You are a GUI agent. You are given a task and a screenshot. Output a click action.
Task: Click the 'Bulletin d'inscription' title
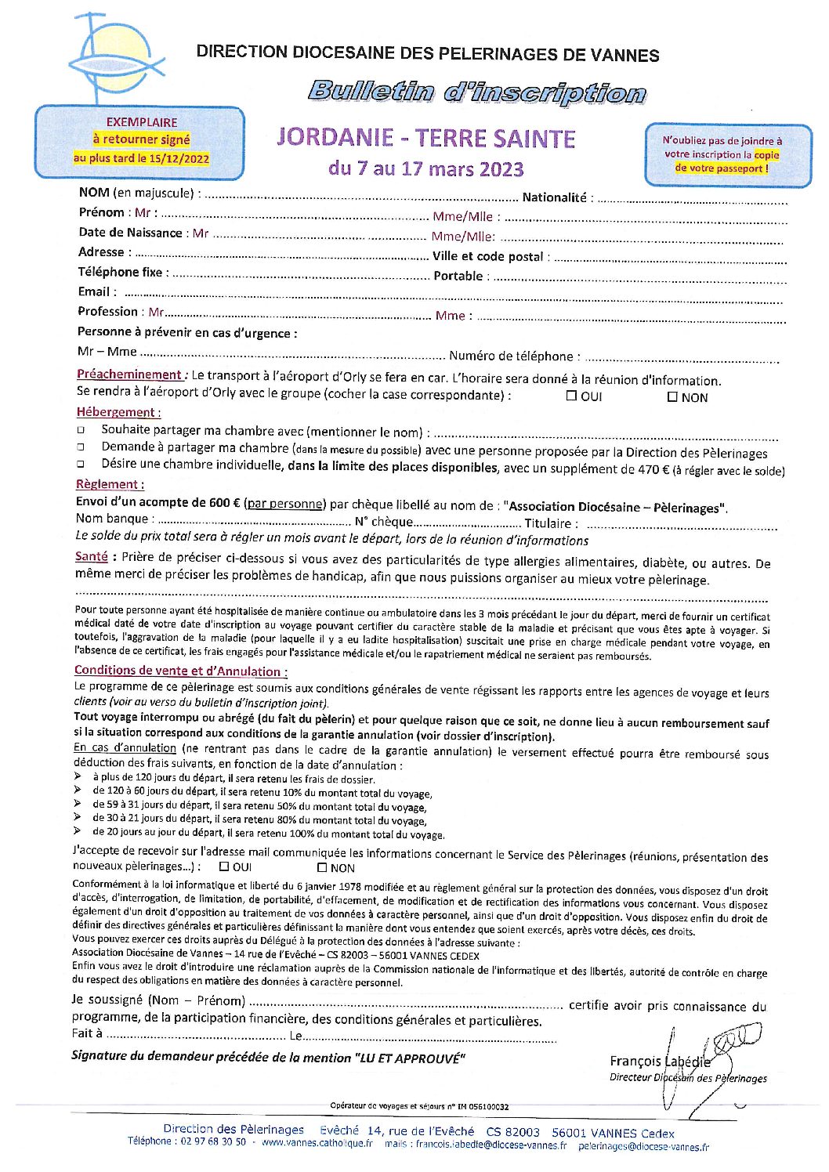(476, 92)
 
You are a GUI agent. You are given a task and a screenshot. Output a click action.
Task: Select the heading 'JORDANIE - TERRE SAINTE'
(426, 139)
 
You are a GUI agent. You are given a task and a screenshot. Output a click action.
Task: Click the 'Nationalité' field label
(554, 197)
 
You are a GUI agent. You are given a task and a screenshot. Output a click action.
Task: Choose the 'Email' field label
(93, 291)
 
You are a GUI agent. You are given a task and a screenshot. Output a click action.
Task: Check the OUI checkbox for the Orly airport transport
(571, 396)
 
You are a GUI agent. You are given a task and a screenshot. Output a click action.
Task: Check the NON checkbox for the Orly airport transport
(672, 396)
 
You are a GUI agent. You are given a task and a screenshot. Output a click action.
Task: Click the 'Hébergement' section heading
(118, 412)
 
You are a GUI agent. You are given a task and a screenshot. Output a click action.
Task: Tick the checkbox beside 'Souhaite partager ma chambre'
(80, 431)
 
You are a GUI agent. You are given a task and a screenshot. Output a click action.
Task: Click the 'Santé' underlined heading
(91, 556)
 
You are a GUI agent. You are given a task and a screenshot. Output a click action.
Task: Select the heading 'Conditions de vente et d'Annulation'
(180, 671)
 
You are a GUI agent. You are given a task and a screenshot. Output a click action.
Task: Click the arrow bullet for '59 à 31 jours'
(78, 805)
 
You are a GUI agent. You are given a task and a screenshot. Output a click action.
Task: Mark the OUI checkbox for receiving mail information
(224, 866)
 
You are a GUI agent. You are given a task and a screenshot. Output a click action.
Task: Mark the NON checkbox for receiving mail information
(321, 867)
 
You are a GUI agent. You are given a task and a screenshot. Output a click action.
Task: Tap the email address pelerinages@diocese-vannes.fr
(643, 1146)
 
